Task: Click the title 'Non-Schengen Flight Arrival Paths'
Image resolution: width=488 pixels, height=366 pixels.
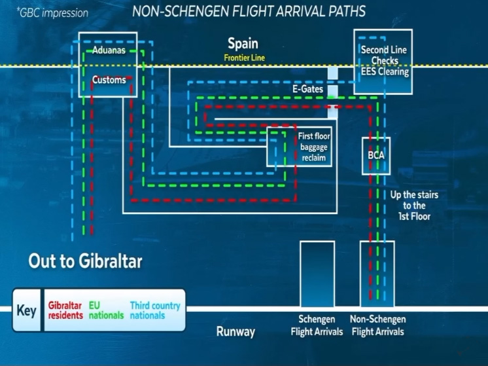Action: (249, 12)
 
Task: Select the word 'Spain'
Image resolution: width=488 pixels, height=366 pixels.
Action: (243, 44)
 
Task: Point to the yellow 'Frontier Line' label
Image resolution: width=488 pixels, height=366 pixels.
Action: (243, 58)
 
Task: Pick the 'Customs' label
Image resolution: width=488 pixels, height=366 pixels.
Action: (109, 80)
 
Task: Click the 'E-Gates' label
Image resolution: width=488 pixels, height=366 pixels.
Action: (307, 88)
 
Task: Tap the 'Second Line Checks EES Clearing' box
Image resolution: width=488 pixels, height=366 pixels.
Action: (385, 61)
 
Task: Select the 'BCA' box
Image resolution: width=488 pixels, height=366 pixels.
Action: (375, 156)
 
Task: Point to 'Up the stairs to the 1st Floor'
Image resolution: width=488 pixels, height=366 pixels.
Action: (413, 206)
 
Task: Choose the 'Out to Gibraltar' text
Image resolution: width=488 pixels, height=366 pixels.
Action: (85, 261)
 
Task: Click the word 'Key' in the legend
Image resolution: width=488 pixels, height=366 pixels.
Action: (27, 310)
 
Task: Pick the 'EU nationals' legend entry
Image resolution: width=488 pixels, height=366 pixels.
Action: (106, 310)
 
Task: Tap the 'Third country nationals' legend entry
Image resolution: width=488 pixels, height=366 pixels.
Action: (155, 310)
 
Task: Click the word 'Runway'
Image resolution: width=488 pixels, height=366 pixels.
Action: (236, 332)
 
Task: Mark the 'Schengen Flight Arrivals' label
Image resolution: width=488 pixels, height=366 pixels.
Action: (317, 325)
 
